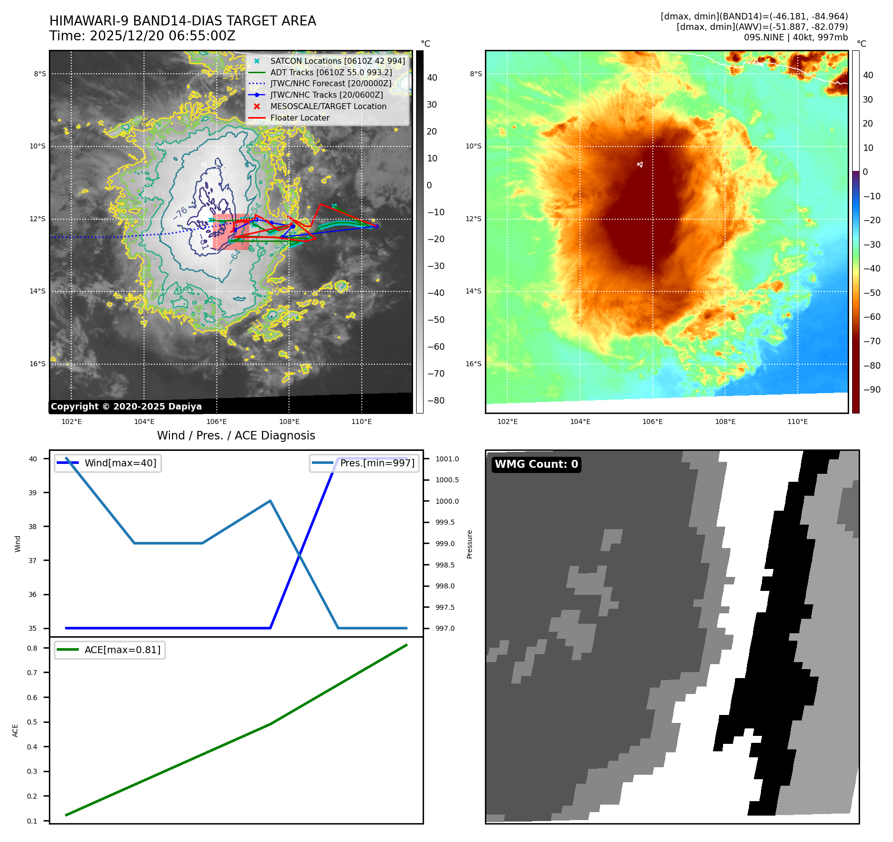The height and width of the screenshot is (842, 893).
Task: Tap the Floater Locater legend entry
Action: pos(299,118)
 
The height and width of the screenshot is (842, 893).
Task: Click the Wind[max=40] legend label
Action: pos(120,463)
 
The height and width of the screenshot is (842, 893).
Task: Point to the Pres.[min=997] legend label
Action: pos(377,463)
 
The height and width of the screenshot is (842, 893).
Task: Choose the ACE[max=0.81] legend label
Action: pos(122,650)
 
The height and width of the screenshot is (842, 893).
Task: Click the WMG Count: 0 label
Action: pos(536,464)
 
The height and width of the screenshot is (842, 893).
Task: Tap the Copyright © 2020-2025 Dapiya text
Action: pos(126,407)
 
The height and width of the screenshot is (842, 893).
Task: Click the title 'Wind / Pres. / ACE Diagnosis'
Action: pos(236,435)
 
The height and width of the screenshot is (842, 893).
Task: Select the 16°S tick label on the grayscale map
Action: pos(37,364)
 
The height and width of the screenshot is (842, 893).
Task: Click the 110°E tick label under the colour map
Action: pos(797,421)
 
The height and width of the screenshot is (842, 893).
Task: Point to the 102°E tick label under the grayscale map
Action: pos(71,421)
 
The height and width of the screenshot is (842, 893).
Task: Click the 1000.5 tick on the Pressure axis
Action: pos(447,480)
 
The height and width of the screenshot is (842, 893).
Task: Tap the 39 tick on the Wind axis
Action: pos(32,493)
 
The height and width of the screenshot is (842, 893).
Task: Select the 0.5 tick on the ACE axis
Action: pos(32,722)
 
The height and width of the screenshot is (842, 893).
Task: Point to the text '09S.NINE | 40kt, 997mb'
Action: pos(795,37)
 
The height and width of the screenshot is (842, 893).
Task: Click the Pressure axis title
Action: pos(469,544)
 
